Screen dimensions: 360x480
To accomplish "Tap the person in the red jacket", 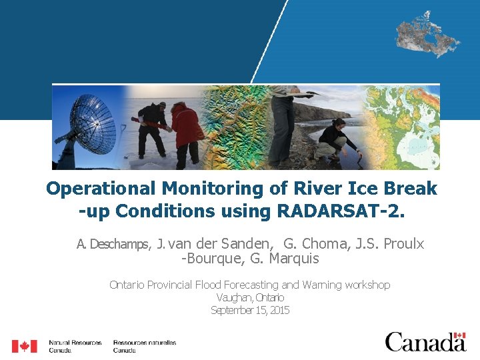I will pyautogui.click(x=187, y=130).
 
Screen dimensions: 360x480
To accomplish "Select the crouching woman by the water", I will pyautogui.click(x=337, y=140).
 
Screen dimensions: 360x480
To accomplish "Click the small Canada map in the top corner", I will pyautogui.click(x=427, y=33).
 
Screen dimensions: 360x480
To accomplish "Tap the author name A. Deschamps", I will pyautogui.click(x=113, y=244).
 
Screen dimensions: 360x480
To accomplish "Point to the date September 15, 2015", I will pyautogui.click(x=250, y=310).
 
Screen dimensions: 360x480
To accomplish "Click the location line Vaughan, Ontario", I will pyautogui.click(x=250, y=297).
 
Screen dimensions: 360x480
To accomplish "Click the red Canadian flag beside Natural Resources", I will pyautogui.click(x=25, y=346).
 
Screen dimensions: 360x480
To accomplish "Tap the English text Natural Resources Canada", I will pyautogui.click(x=75, y=346).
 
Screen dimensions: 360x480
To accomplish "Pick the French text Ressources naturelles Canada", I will pyautogui.click(x=144, y=346).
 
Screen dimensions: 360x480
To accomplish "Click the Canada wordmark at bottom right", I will pyautogui.click(x=425, y=342).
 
